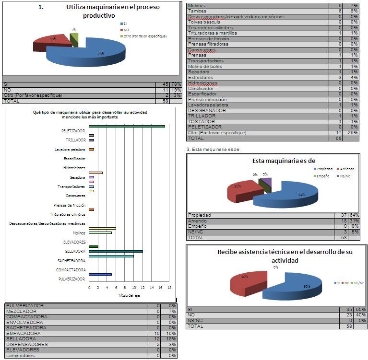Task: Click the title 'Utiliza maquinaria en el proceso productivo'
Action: tap(113, 11)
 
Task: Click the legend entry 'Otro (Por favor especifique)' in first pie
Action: tap(144, 36)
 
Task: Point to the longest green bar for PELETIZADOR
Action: tap(127, 127)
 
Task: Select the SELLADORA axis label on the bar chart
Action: tap(75, 251)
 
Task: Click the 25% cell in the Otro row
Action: tap(353, 132)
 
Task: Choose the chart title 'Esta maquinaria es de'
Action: tap(280, 161)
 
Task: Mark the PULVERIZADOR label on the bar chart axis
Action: tap(72, 279)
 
